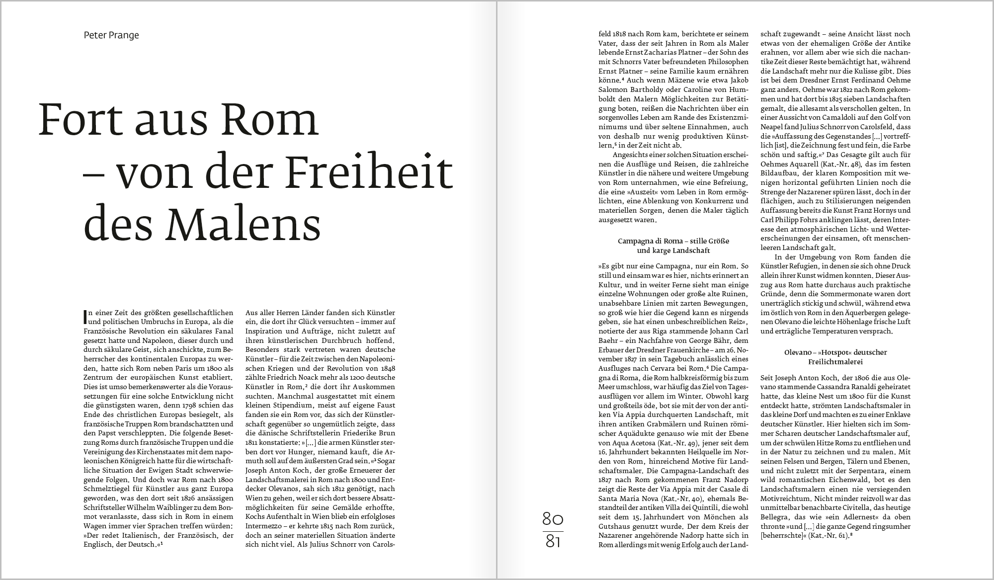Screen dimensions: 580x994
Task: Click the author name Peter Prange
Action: [x=111, y=35]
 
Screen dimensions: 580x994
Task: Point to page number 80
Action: [x=553, y=519]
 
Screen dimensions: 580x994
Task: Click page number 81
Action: [x=553, y=541]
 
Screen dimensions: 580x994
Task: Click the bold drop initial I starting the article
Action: [x=85, y=316]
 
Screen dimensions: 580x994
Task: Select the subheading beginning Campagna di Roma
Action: [x=673, y=246]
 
